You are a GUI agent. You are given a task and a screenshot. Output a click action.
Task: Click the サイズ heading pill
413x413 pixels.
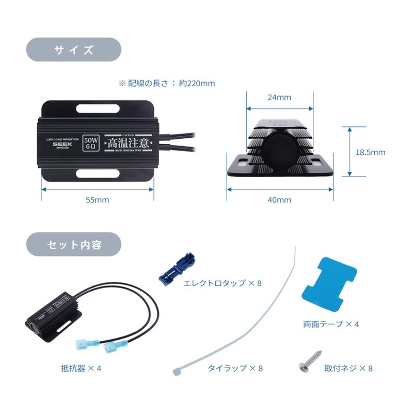coord(74,50)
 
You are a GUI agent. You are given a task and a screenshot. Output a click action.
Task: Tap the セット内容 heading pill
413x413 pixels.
coord(74,244)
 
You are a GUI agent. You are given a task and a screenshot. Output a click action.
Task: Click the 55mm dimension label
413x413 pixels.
coord(98,200)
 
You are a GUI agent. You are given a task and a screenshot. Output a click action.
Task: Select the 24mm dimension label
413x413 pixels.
coord(280,97)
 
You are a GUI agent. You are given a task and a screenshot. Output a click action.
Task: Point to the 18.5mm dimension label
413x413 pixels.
coord(370,152)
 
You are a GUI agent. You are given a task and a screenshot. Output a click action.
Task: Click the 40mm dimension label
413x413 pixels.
coord(280,200)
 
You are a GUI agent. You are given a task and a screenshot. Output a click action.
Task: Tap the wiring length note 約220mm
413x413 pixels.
coord(167,83)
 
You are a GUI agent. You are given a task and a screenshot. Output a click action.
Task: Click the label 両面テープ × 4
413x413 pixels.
coord(331,324)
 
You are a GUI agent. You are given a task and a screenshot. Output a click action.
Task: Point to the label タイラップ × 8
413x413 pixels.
coord(235,369)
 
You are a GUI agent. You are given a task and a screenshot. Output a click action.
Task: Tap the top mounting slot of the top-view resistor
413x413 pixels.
coord(98,109)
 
